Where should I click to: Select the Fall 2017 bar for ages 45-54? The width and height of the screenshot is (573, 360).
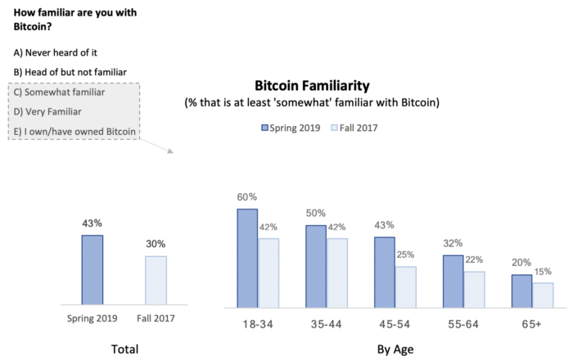point(405,286)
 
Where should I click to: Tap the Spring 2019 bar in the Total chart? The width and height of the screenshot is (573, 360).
point(92,270)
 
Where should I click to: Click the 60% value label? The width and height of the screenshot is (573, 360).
point(247,197)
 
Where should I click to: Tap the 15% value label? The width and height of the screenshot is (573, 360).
point(544,272)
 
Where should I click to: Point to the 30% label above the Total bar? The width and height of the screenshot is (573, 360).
point(156,244)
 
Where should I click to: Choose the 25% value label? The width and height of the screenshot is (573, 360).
point(405,255)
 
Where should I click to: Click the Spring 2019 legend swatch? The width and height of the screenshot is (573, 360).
point(266,128)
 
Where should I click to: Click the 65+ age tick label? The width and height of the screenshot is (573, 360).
point(531,324)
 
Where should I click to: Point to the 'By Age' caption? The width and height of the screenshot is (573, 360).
point(395,349)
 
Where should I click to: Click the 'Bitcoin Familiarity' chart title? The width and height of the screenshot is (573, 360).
point(313,85)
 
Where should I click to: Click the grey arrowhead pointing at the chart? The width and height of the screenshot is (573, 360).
point(170,151)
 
